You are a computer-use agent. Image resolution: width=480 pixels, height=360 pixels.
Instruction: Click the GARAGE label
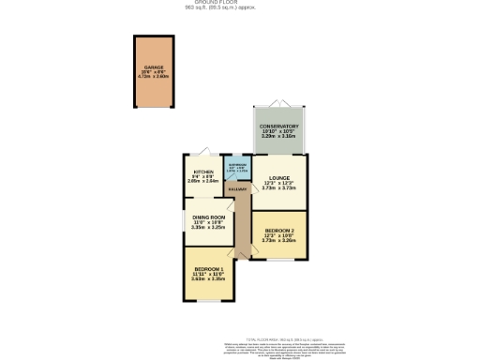click(154, 67)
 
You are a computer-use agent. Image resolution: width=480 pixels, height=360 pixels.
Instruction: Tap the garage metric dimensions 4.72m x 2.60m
click(154, 79)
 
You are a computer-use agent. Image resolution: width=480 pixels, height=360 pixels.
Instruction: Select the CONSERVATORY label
click(278, 126)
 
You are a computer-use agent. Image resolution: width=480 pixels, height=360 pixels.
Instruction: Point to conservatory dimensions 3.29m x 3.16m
click(278, 137)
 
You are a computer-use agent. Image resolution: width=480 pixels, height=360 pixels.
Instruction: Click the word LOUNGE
click(278, 177)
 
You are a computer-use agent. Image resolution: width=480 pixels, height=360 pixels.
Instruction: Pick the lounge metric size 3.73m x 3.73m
click(278, 188)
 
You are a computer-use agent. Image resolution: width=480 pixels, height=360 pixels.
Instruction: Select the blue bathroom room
click(240, 170)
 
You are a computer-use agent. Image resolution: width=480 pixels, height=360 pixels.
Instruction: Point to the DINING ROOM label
click(208, 217)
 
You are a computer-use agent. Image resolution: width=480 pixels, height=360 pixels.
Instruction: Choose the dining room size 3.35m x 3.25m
click(208, 227)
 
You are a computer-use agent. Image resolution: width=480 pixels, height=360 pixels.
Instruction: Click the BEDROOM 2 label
click(279, 231)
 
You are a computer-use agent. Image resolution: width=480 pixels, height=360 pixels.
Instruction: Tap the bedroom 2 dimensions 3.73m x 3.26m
click(279, 241)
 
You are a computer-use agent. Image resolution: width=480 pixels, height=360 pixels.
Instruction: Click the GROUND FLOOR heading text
click(240, 3)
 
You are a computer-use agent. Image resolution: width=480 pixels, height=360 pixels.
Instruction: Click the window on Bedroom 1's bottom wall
click(207, 301)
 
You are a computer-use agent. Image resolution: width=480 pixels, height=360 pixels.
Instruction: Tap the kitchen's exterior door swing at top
click(205, 151)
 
